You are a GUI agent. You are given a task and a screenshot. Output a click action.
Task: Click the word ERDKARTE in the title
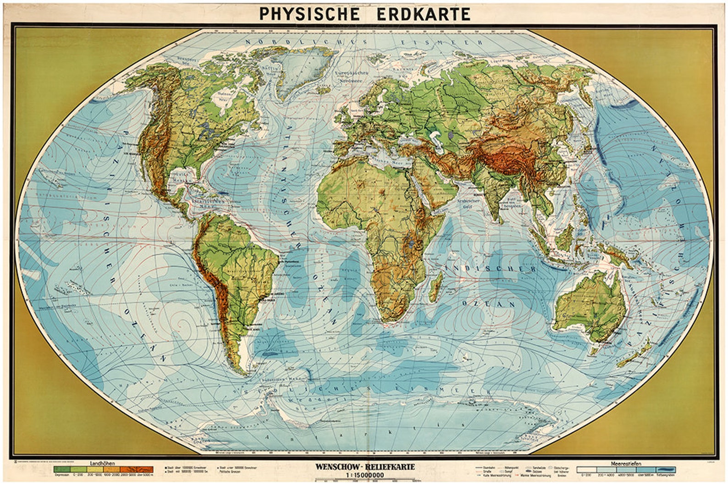tap(423, 14)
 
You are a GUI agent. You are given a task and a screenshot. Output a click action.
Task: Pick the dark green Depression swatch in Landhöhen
tap(61, 469)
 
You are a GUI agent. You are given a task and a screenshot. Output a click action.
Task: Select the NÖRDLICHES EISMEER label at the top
tap(364, 42)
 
